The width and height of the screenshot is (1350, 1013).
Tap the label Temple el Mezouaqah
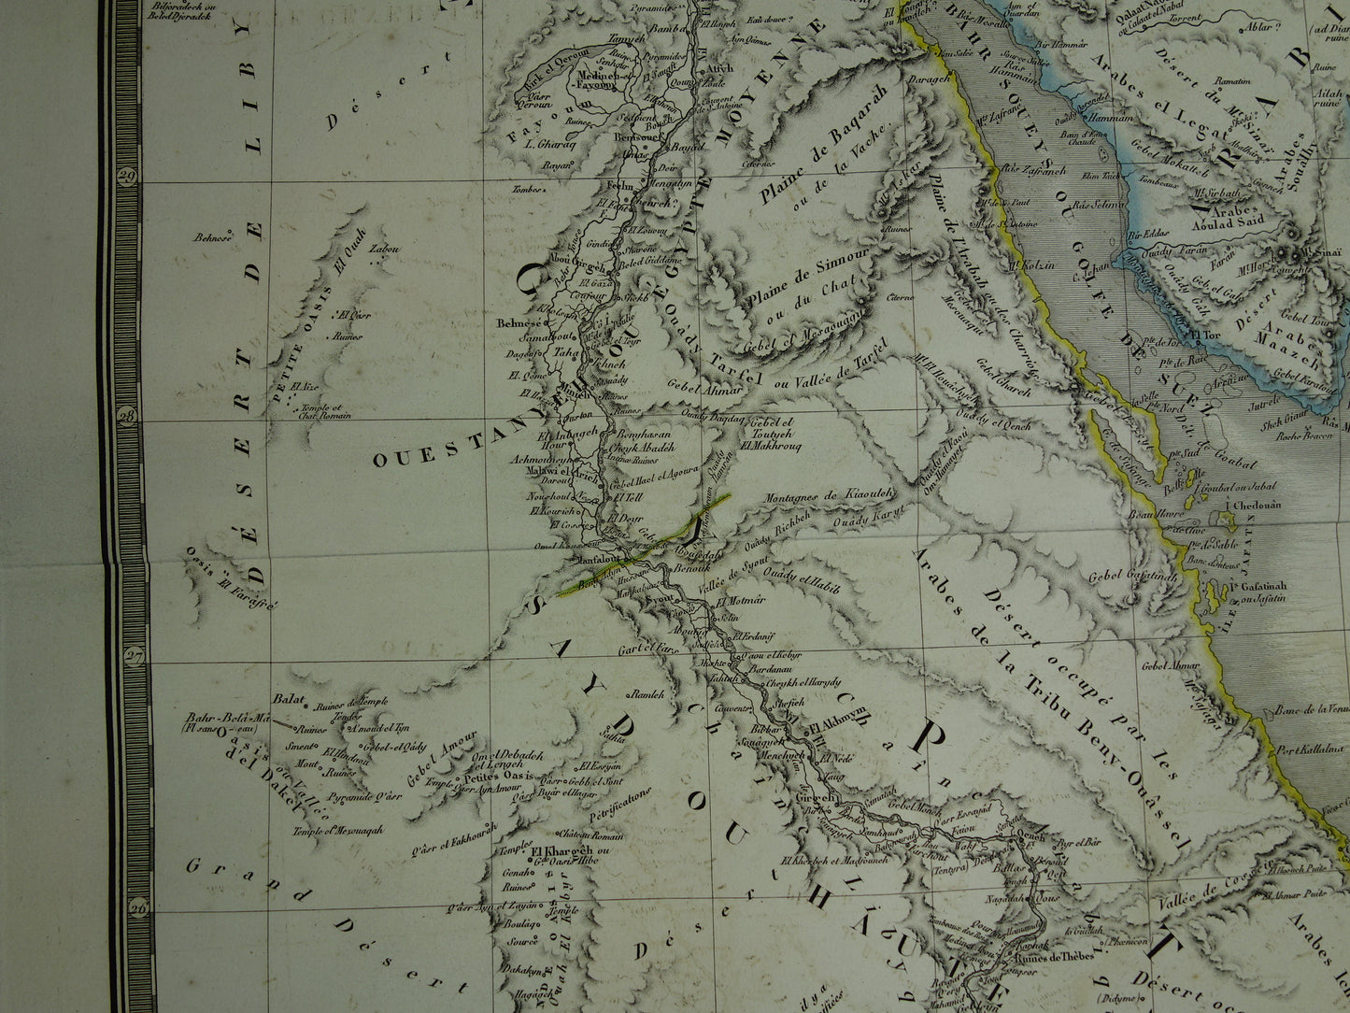click(337, 829)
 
